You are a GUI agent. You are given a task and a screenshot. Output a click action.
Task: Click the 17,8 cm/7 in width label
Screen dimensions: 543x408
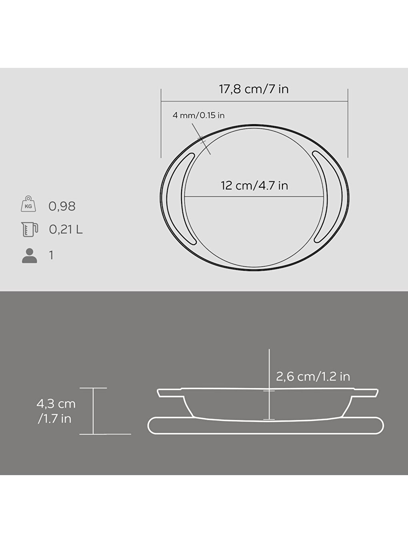click(254, 89)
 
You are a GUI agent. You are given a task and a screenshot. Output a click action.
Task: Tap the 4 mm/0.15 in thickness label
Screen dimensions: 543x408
click(198, 115)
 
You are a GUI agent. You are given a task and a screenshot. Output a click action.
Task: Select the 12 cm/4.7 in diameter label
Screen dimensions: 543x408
click(254, 186)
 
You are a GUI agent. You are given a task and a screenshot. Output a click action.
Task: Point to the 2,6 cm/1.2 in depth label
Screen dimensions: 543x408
click(313, 377)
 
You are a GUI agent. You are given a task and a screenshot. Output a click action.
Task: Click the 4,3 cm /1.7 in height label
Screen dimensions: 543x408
click(56, 411)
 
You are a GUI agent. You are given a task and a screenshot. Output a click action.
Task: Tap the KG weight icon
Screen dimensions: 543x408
click(28, 204)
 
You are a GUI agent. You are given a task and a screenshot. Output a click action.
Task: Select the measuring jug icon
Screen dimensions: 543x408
click(29, 229)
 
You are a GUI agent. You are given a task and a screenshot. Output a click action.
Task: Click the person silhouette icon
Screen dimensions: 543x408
click(29, 255)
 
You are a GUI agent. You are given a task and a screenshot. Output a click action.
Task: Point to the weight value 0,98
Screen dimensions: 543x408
click(62, 206)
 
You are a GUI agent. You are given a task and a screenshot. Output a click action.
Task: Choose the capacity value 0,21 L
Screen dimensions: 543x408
click(66, 230)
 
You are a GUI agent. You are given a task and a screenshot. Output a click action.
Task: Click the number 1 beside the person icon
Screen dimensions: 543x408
click(51, 255)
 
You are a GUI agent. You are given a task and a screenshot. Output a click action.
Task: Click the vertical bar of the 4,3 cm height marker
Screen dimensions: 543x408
click(93, 411)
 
